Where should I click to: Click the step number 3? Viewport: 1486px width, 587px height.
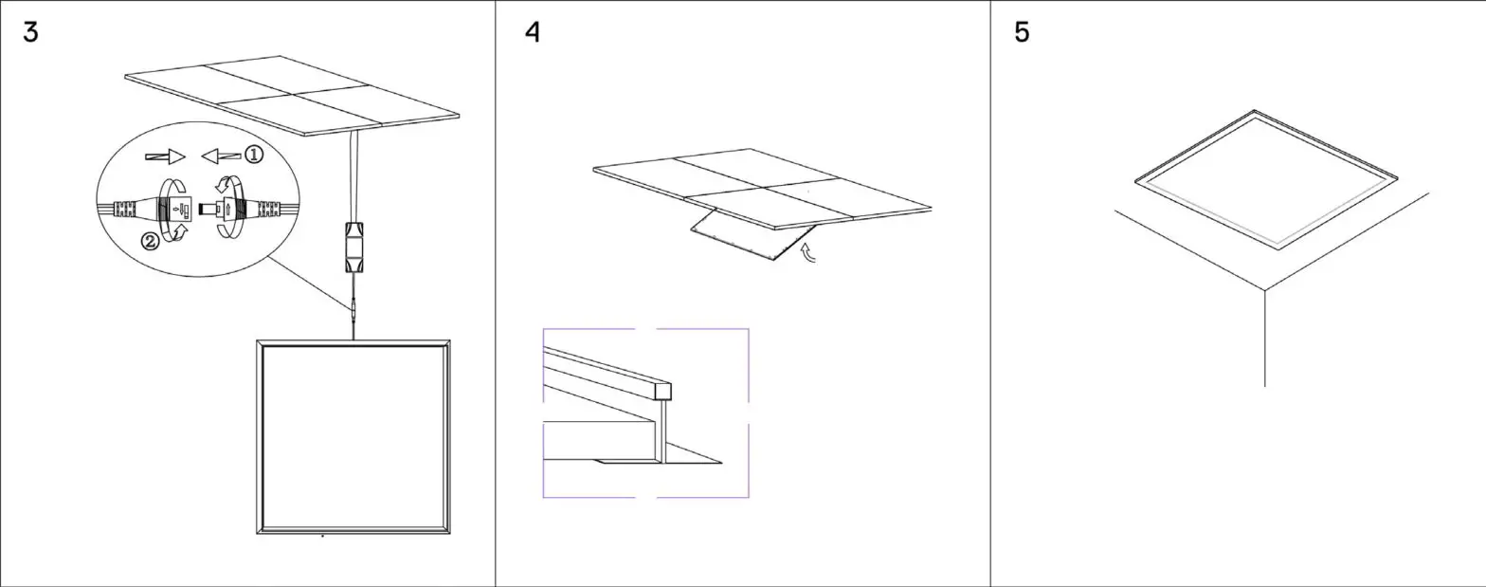[30, 32]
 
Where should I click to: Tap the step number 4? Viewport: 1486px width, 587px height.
[533, 32]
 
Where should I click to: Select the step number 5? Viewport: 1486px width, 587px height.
[1022, 32]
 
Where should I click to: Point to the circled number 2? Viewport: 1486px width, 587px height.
[150, 241]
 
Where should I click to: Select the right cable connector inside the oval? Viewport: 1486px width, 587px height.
[245, 208]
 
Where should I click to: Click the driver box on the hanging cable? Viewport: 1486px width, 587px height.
[353, 248]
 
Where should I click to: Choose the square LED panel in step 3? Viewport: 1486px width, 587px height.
[353, 437]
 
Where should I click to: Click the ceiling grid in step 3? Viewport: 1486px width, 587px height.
[292, 95]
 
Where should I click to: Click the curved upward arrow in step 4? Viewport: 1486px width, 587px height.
[808, 253]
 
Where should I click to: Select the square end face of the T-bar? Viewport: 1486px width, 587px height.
[663, 391]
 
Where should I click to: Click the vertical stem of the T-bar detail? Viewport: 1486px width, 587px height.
[664, 431]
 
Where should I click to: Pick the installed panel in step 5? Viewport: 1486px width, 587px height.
[1264, 180]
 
